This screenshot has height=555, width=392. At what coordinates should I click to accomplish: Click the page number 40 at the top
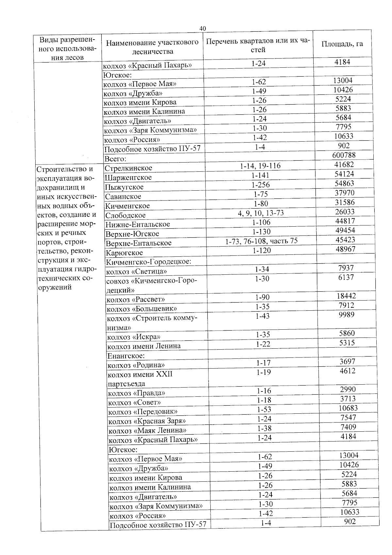tap(203, 29)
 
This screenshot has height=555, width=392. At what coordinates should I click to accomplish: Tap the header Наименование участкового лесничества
tap(152, 47)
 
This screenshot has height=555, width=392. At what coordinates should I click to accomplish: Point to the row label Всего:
tap(115, 159)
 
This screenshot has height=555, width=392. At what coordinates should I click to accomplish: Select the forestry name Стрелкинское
tap(128, 168)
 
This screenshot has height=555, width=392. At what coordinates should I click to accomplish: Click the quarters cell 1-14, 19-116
tap(260, 166)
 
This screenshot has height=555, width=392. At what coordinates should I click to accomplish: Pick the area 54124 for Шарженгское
tap(344, 174)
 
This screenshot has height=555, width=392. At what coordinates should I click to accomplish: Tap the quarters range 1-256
tap(261, 185)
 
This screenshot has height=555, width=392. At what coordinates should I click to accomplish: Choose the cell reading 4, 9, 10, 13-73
tap(261, 213)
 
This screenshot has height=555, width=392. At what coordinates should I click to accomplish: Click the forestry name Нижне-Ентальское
tap(138, 224)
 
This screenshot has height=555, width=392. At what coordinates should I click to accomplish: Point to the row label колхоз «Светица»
tap(137, 271)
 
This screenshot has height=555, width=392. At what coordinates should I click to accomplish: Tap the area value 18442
tap(346, 296)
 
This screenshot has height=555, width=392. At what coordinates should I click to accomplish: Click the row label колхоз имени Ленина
tap(144, 346)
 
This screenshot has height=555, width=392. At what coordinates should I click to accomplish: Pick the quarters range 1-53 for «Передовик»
tap(264, 409)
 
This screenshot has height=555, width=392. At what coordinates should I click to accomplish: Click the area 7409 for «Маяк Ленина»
tap(348, 427)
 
